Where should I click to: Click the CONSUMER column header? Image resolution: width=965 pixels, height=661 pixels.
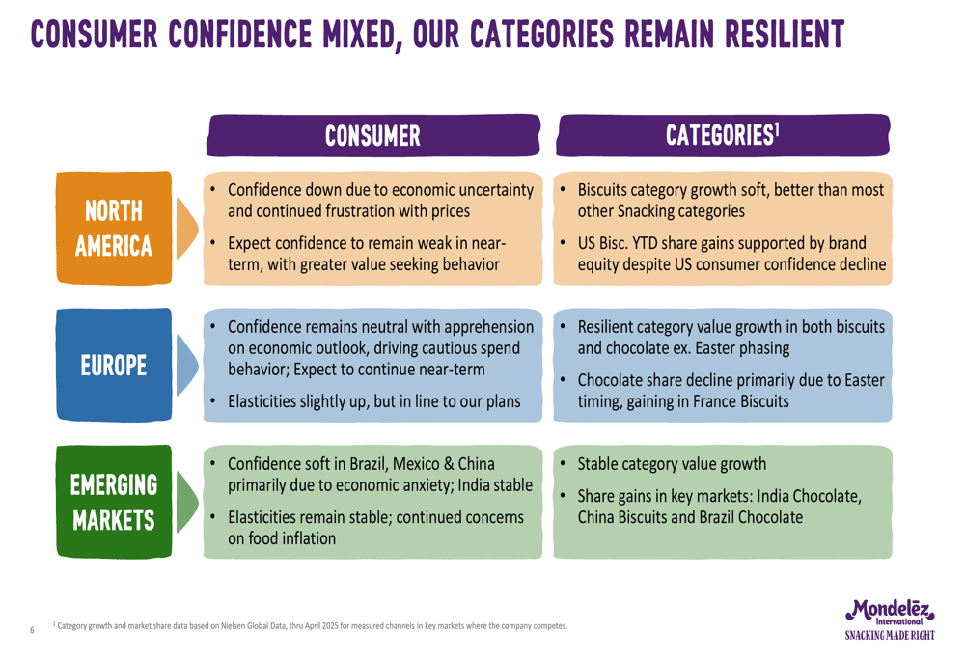[372, 135]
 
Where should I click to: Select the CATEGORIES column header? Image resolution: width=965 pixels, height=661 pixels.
[723, 135]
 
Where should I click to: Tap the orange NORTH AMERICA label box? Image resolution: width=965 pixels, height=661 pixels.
[114, 229]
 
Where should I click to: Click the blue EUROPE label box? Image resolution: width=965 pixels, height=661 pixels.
[114, 365]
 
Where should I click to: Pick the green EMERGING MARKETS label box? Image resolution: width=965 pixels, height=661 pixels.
[114, 502]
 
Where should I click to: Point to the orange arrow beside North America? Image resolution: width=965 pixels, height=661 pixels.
[186, 229]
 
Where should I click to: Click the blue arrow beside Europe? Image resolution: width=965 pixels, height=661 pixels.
[186, 365]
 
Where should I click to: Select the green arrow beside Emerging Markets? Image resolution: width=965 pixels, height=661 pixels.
[186, 502]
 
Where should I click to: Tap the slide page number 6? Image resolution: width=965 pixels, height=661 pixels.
[32, 629]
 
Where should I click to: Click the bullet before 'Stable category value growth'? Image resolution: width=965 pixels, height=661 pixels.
[563, 463]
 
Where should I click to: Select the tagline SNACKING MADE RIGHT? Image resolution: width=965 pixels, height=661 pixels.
[890, 635]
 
